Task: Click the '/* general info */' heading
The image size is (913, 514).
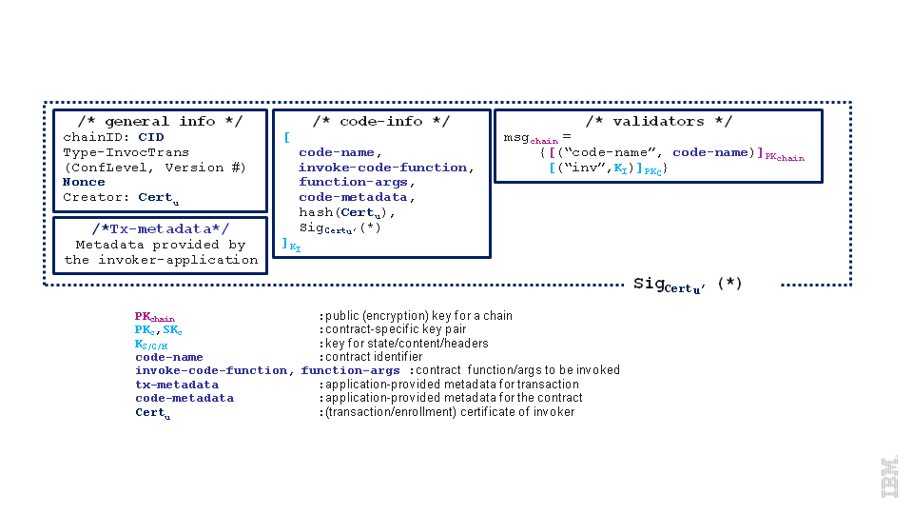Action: coord(160,121)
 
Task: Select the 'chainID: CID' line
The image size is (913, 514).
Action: coord(113,136)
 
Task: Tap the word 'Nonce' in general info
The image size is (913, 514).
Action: coord(84,182)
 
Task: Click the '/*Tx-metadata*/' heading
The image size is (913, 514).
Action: coord(160,228)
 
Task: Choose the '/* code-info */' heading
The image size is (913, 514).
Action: coord(381,121)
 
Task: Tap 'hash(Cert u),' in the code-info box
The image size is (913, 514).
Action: coord(347,213)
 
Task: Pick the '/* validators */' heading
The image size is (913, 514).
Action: coord(658,121)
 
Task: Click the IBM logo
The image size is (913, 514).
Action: coord(890,477)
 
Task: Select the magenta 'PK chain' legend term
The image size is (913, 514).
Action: coord(154,316)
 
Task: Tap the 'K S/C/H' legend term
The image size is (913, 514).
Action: coord(151,344)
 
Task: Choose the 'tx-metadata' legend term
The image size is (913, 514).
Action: coord(176,385)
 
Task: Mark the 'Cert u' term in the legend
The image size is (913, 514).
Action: coord(152,412)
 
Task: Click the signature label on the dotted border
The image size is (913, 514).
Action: coord(688,285)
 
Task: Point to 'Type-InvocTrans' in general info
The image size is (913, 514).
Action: coord(126,151)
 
